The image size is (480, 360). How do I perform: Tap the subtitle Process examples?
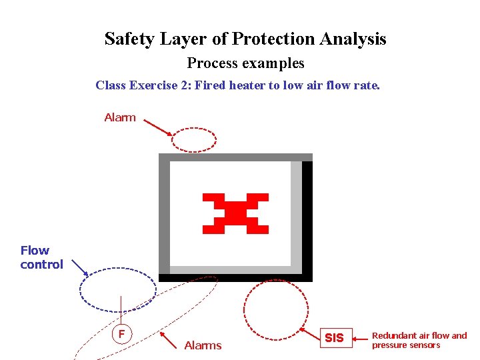[245, 63]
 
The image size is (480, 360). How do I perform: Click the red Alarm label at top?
[120, 117]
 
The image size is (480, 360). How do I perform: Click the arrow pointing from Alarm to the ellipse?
[157, 127]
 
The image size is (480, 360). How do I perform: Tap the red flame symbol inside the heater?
[235, 213]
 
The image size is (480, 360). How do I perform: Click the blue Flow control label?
[41, 257]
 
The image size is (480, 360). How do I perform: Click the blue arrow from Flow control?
[79, 267]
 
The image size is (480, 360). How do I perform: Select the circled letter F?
[121, 333]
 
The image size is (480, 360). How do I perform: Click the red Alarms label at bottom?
[203, 345]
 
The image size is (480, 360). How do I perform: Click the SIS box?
[334, 338]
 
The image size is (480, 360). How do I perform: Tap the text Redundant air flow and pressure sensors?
[419, 340]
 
